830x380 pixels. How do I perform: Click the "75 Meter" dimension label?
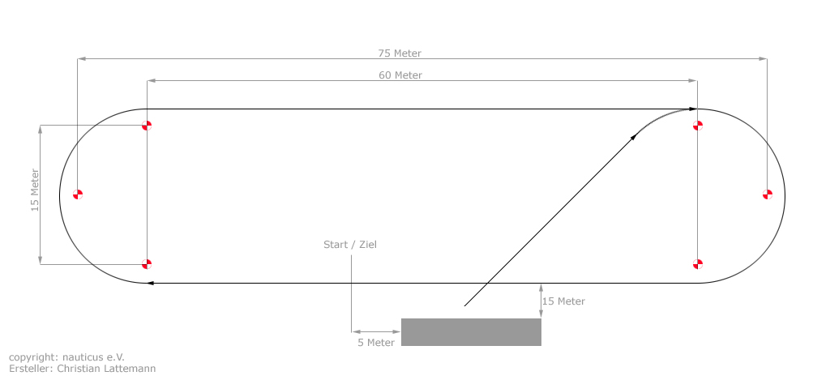[x=400, y=53]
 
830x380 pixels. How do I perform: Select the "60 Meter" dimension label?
[x=400, y=75]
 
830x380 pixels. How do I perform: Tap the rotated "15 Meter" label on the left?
[x=35, y=190]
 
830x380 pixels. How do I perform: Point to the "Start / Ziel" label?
[x=350, y=245]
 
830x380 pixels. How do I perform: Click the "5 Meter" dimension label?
[x=376, y=343]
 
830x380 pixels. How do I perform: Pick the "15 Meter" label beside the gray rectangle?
[x=563, y=301]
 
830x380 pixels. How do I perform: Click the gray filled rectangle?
[x=471, y=332]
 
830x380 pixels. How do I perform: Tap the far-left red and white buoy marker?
[x=78, y=194]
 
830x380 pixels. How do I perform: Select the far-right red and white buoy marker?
[x=767, y=194]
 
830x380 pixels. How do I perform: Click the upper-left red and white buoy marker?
[x=147, y=126]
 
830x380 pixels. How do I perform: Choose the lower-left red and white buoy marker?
[x=147, y=263]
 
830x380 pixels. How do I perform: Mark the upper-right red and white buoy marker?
[x=698, y=126]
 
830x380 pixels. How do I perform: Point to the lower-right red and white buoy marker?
[x=698, y=263]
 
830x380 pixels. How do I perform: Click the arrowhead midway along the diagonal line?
[x=633, y=137]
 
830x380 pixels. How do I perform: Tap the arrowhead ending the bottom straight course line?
[x=150, y=283]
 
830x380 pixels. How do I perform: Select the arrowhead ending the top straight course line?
[x=693, y=109]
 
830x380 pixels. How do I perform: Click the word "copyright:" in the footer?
[x=30, y=358]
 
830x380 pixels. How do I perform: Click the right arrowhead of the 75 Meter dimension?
[x=763, y=59]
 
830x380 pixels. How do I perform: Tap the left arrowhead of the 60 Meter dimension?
[x=152, y=81]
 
